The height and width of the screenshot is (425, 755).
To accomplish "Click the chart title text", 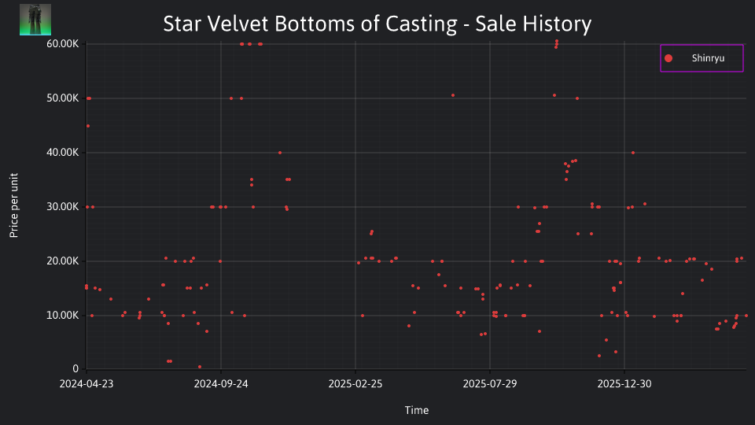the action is (377, 24).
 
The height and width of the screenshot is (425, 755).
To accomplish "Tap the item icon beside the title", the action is (35, 20).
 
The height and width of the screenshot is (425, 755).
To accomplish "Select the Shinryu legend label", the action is (708, 58).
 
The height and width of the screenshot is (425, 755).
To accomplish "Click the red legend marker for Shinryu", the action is (668, 58).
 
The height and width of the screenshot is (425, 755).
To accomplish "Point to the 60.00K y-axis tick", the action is (63, 44).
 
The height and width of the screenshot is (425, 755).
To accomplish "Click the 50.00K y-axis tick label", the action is (63, 98).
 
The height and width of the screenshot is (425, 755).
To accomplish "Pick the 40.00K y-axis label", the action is (63, 153).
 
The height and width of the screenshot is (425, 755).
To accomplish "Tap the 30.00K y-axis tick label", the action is (63, 207).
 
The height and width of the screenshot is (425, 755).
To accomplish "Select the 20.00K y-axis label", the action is (63, 261).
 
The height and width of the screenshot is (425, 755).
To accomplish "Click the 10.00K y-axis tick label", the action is (63, 316).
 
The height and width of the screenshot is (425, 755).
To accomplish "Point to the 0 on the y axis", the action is (75, 369).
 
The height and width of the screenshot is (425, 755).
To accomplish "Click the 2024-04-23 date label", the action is (87, 384).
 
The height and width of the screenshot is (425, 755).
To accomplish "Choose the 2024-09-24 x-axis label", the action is (221, 384).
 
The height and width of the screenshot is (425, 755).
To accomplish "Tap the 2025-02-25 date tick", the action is (355, 384).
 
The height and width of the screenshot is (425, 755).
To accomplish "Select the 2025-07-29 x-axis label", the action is (490, 384).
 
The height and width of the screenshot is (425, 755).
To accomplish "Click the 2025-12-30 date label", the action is (624, 384).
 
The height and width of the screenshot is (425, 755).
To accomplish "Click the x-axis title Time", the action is (417, 411).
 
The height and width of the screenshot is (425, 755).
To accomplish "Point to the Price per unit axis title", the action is (14, 205).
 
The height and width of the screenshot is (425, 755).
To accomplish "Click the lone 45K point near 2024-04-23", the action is (87, 126).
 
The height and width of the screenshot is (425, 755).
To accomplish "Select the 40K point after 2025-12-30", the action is (632, 153).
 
